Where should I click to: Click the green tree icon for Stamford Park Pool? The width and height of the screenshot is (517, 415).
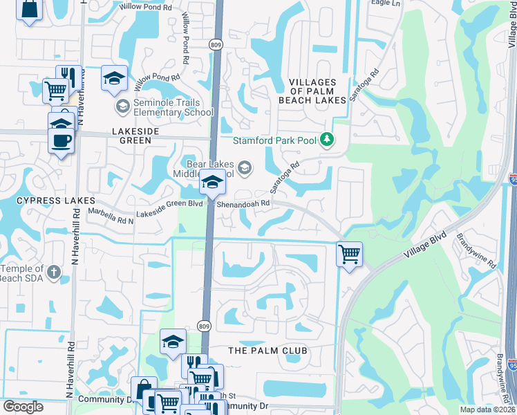[x=328, y=140]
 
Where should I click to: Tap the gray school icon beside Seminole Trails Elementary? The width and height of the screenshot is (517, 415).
[x=122, y=106]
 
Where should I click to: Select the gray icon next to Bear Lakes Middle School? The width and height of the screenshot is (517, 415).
[x=245, y=167]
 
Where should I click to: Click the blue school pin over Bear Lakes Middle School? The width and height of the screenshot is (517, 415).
[x=212, y=183]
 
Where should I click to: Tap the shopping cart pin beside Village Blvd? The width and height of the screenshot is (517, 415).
[x=350, y=255]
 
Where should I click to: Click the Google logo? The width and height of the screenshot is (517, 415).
[x=23, y=406]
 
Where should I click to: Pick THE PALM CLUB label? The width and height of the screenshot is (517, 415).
[x=267, y=351]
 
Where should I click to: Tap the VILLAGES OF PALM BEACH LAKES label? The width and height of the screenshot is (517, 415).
[x=312, y=91]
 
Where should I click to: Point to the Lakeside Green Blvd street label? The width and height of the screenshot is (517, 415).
[x=169, y=210]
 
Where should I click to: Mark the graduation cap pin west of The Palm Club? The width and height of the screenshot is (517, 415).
[x=173, y=341]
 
